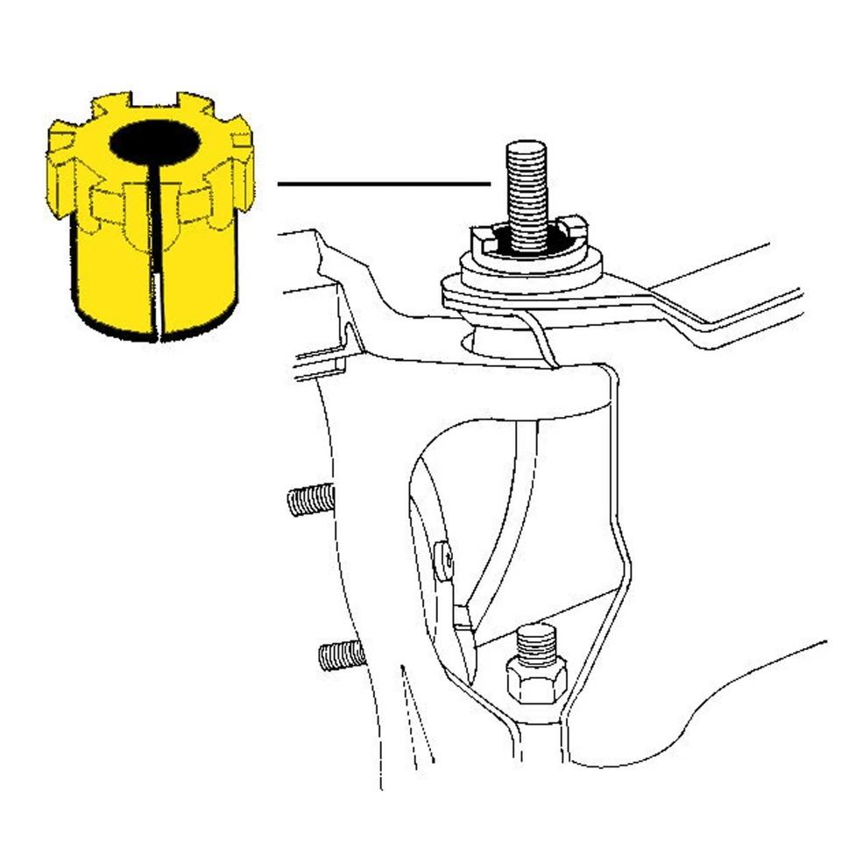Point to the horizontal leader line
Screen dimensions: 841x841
click(382, 184)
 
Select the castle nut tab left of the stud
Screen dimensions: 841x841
click(483, 235)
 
